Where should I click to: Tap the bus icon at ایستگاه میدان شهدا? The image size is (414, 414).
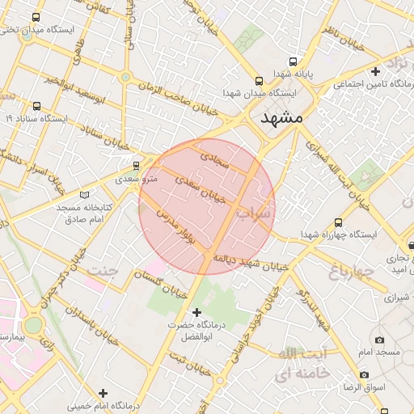(x=259, y=82)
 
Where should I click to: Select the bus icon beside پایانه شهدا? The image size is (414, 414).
(x=291, y=61)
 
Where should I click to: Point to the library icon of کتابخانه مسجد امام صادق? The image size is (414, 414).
(x=86, y=195)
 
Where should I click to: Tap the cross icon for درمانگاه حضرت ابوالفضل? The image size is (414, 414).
(x=196, y=312)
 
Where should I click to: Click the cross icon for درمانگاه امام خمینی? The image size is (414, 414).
(x=102, y=393)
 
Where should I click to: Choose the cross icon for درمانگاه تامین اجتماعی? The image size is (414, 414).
(x=375, y=71)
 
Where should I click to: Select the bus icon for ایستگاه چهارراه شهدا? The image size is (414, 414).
(x=337, y=222)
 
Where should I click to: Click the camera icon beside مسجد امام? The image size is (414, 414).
(x=380, y=340)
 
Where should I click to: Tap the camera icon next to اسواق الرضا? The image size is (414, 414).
(x=365, y=375)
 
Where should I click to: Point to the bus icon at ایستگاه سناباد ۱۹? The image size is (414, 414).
(x=36, y=106)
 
